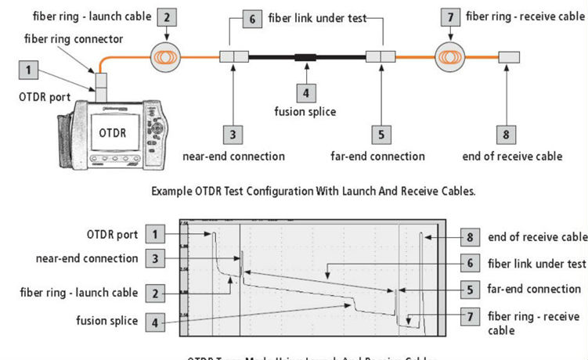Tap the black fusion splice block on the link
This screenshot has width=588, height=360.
tap(305, 57)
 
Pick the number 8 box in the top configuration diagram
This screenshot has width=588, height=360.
tap(506, 135)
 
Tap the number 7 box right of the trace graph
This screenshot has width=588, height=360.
tap(469, 317)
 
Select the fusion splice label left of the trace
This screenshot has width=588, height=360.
tap(107, 321)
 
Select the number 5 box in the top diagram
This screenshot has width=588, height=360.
tap(380, 135)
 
